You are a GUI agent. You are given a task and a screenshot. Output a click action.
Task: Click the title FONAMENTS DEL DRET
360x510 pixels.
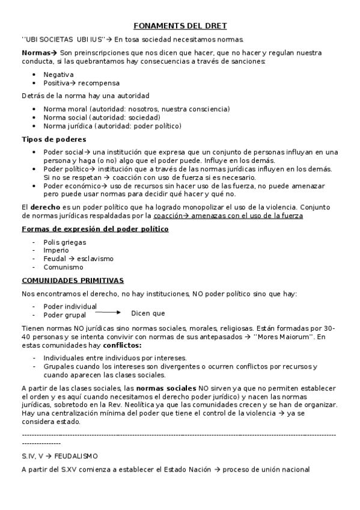[x=180, y=26]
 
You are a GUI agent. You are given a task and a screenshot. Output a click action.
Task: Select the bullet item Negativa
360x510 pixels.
[x=58, y=75]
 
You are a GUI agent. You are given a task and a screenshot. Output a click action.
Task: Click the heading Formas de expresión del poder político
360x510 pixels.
[x=95, y=229]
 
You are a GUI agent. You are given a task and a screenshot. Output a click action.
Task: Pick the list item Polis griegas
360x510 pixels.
[x=64, y=242]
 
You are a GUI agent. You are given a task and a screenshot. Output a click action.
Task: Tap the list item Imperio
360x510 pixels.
[x=56, y=251]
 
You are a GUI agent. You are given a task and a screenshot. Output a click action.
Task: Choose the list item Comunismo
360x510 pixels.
[x=63, y=267]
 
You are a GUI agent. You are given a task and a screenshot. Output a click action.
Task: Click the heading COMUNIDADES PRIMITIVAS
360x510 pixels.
[x=73, y=280]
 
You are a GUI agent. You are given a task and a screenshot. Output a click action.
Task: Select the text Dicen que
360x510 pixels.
[x=148, y=313]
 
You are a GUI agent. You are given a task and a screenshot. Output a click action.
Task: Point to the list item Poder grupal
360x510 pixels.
[x=64, y=315]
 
